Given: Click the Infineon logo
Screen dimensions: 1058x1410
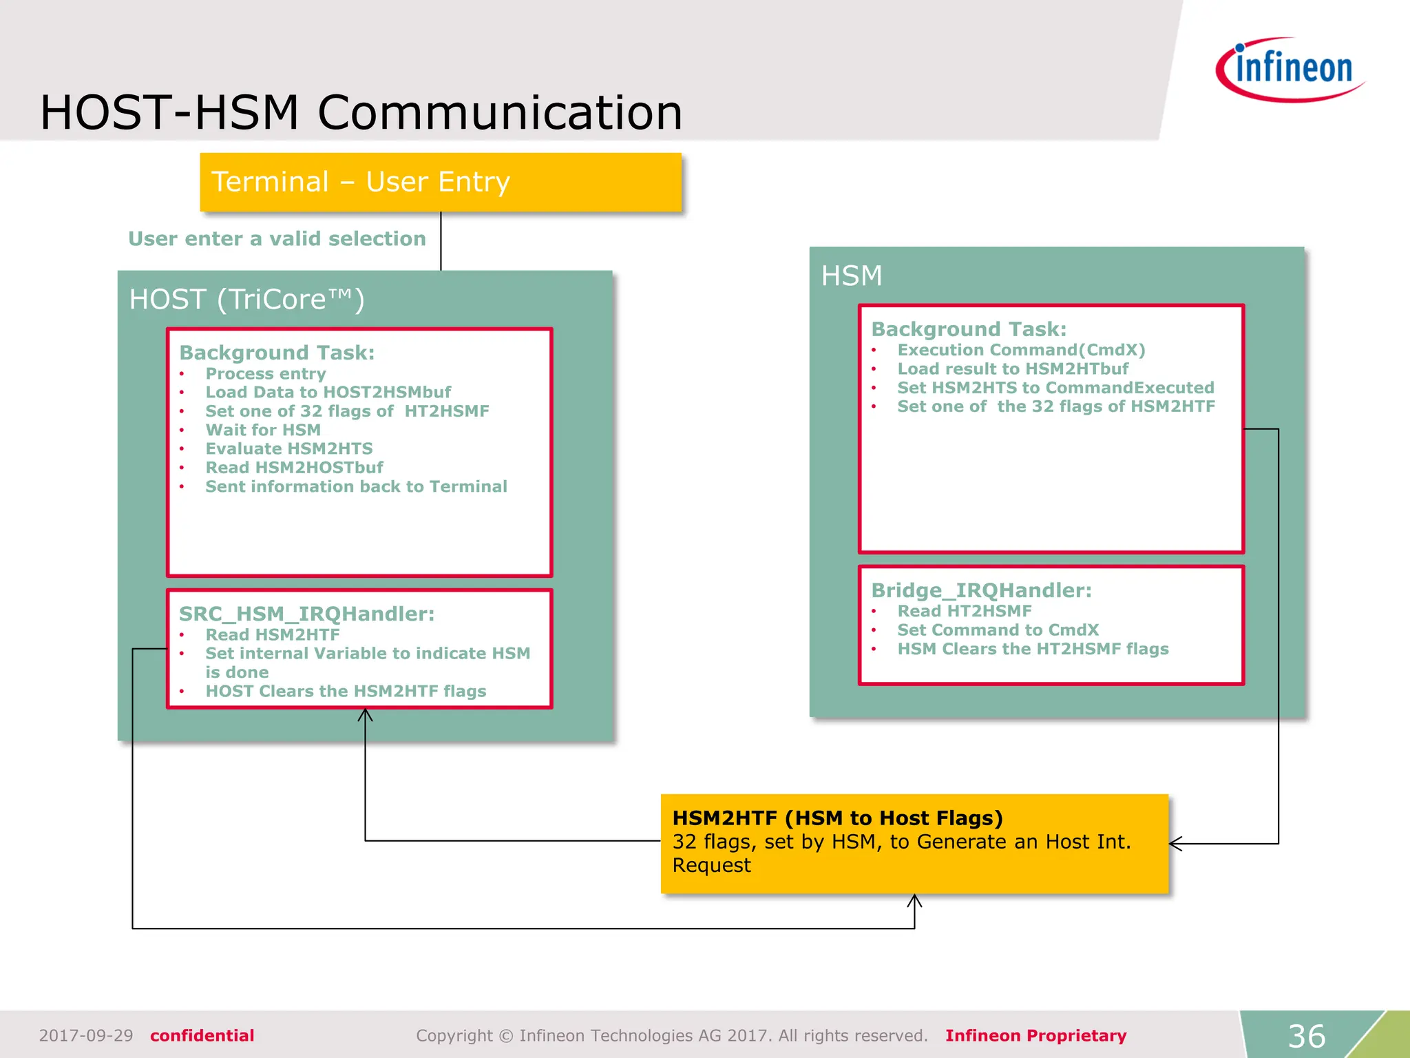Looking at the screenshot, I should click(1290, 70).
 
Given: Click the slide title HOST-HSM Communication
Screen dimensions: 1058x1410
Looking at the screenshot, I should click(361, 112).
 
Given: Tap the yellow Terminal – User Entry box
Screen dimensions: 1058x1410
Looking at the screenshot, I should click(440, 182).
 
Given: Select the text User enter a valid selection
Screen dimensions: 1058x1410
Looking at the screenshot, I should click(277, 239).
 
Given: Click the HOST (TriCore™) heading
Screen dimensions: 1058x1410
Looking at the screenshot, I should click(246, 300).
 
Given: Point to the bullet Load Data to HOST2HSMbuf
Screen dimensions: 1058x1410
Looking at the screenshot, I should click(328, 393).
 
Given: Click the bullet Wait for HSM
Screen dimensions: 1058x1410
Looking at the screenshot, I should click(263, 431).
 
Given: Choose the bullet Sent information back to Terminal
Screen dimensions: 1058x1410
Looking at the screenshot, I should click(356, 487).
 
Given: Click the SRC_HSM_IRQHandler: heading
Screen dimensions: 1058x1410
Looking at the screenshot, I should click(306, 614).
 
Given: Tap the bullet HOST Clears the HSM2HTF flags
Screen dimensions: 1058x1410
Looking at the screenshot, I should click(346, 692).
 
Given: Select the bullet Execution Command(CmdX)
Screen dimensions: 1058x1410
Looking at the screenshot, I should click(1021, 350).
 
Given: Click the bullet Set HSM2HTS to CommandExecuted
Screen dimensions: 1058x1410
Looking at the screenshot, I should click(1055, 388).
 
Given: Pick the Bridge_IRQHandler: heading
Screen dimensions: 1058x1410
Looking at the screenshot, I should click(981, 590).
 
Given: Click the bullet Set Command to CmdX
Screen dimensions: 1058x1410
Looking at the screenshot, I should click(998, 630).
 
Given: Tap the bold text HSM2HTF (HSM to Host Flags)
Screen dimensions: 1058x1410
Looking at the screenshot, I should click(837, 818).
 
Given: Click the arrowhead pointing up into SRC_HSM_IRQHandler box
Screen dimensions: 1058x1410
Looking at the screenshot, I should click(365, 715).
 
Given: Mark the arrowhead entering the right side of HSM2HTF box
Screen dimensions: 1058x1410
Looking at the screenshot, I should click(1175, 844).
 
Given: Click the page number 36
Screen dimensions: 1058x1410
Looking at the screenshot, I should click(1306, 1036).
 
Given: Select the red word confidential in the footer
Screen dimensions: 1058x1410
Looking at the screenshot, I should click(202, 1036).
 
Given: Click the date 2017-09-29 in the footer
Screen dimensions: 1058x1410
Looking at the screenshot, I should click(86, 1036).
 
